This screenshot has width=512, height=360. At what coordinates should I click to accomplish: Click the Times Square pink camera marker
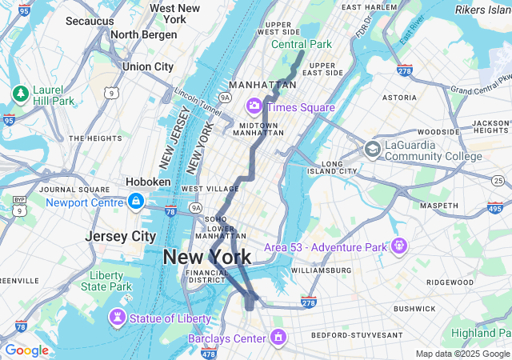click(x=255, y=106)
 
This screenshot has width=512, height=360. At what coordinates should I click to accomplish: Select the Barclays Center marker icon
click(x=278, y=338)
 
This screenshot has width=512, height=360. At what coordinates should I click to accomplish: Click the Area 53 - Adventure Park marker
click(x=398, y=246)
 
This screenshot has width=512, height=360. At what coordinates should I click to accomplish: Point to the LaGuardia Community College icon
click(x=372, y=149)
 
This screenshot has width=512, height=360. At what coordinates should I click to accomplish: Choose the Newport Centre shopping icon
click(x=135, y=201)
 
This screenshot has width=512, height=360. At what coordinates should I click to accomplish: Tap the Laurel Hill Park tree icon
click(x=20, y=94)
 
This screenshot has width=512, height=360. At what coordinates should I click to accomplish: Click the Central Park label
click(x=301, y=44)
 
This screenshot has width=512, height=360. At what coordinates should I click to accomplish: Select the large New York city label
click(x=206, y=257)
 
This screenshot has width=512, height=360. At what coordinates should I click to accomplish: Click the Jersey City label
click(x=121, y=237)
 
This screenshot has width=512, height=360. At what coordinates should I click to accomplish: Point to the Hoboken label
click(x=148, y=182)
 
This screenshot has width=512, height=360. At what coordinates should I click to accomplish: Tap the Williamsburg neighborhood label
click(x=321, y=270)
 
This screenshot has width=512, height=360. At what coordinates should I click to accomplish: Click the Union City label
click(x=148, y=66)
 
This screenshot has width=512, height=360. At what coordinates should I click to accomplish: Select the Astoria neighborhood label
click(x=400, y=97)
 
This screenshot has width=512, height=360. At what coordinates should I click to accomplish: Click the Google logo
click(x=26, y=350)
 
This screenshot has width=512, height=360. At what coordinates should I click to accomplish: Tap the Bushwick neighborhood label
click(x=414, y=308)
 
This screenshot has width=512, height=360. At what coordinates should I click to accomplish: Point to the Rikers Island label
click(x=482, y=10)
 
